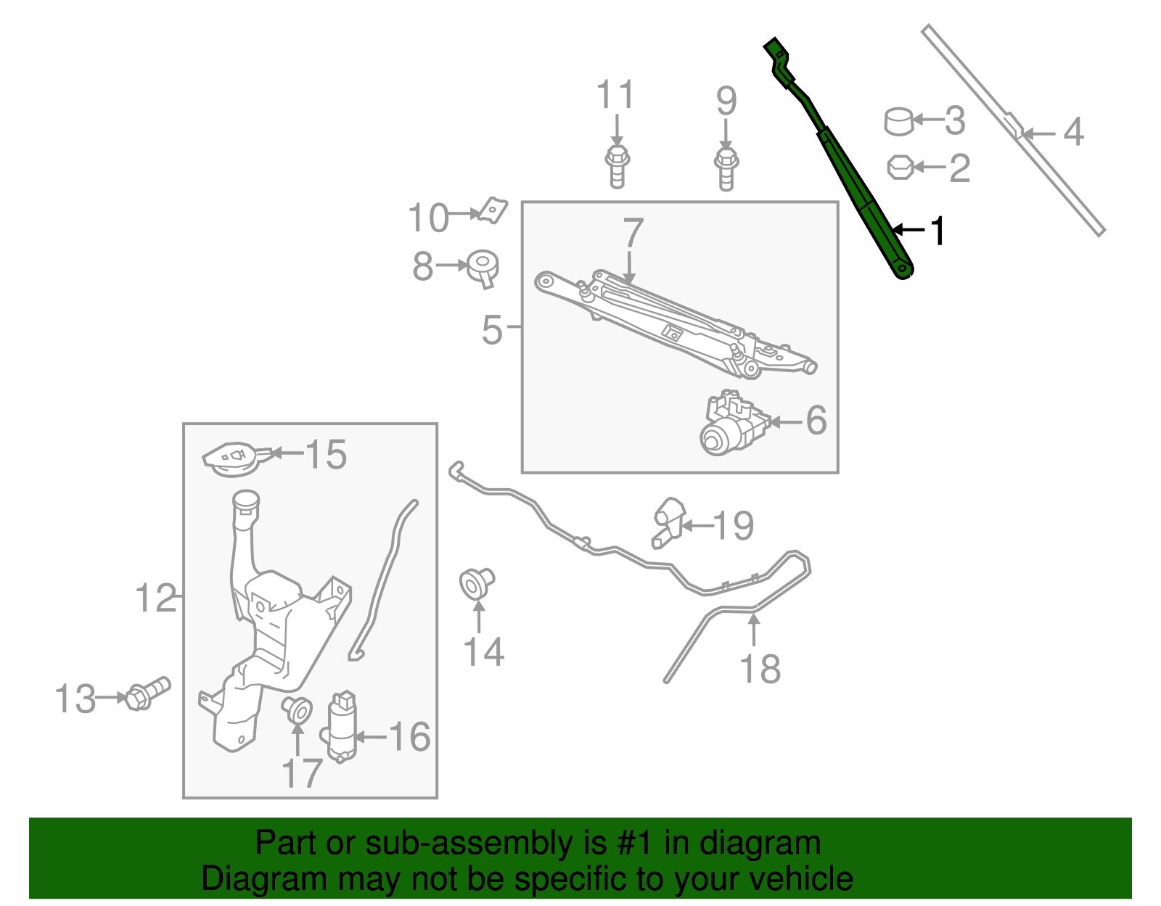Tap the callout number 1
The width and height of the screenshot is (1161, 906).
(x=938, y=231)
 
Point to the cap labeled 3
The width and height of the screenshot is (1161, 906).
(x=898, y=121)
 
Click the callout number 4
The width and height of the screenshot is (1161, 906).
(x=1073, y=133)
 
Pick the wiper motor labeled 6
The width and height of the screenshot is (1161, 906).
(x=733, y=425)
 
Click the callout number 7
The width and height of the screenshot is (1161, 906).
(x=633, y=233)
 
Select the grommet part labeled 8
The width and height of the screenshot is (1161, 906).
(x=483, y=268)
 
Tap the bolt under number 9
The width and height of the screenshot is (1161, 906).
(x=726, y=169)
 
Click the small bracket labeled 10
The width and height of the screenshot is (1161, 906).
(x=493, y=211)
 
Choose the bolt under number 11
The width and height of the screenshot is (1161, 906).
(x=616, y=167)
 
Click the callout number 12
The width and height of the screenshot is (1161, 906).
(x=155, y=599)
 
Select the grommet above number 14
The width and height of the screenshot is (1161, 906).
(x=477, y=583)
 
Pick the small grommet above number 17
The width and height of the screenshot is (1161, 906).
(x=297, y=709)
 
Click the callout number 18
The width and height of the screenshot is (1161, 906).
(x=760, y=670)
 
